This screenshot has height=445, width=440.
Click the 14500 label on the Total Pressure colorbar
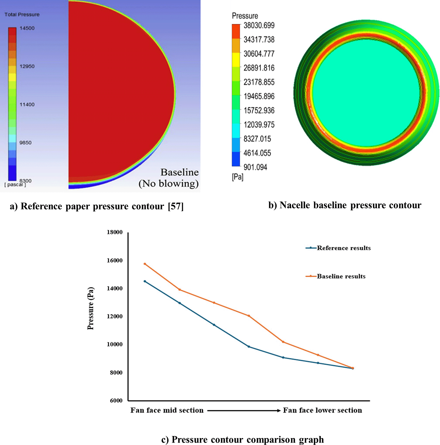[x=27, y=28]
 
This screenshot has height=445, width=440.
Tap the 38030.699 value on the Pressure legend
[x=259, y=26]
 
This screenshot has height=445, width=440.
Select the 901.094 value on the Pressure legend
[x=255, y=167]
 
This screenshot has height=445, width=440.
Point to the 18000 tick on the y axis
[x=115, y=232]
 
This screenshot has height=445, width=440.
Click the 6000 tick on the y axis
[x=116, y=401]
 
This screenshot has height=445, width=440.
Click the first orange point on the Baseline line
[x=145, y=264]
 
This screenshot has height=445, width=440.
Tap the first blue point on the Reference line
[x=145, y=281]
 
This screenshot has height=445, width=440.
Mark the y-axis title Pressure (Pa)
[x=91, y=308]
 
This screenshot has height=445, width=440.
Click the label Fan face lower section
[x=322, y=410]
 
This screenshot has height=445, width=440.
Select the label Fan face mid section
[x=167, y=410]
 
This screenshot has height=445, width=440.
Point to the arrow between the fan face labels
[x=244, y=410]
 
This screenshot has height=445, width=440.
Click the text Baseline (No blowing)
[x=169, y=178]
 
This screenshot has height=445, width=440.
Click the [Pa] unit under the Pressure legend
[x=238, y=177]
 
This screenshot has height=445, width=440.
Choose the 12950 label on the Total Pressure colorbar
[x=27, y=66]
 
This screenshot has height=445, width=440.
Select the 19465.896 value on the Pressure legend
[x=259, y=97]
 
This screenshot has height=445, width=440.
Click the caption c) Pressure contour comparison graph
[x=242, y=440]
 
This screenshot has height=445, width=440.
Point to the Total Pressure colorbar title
[x=22, y=15]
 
